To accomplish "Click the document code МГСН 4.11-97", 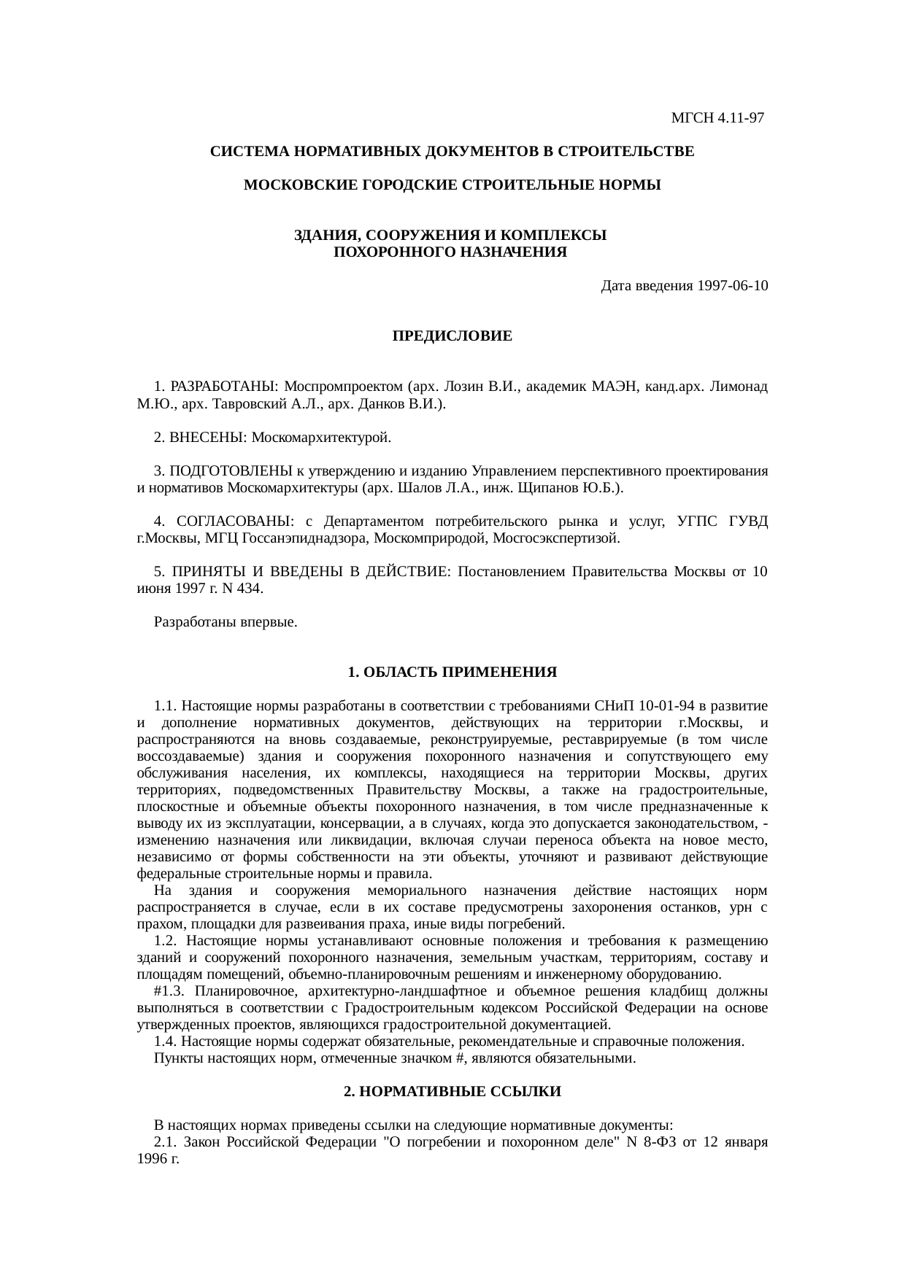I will pyautogui.click(x=717, y=117).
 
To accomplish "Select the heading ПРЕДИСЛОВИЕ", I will pyautogui.click(x=452, y=336).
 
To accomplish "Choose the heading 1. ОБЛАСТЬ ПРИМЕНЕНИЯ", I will pyautogui.click(x=452, y=671).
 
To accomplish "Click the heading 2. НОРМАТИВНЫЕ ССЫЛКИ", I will pyautogui.click(x=452, y=1092).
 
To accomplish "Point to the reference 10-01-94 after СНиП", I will pyautogui.click(x=666, y=706).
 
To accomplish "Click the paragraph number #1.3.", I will pyautogui.click(x=172, y=991).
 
